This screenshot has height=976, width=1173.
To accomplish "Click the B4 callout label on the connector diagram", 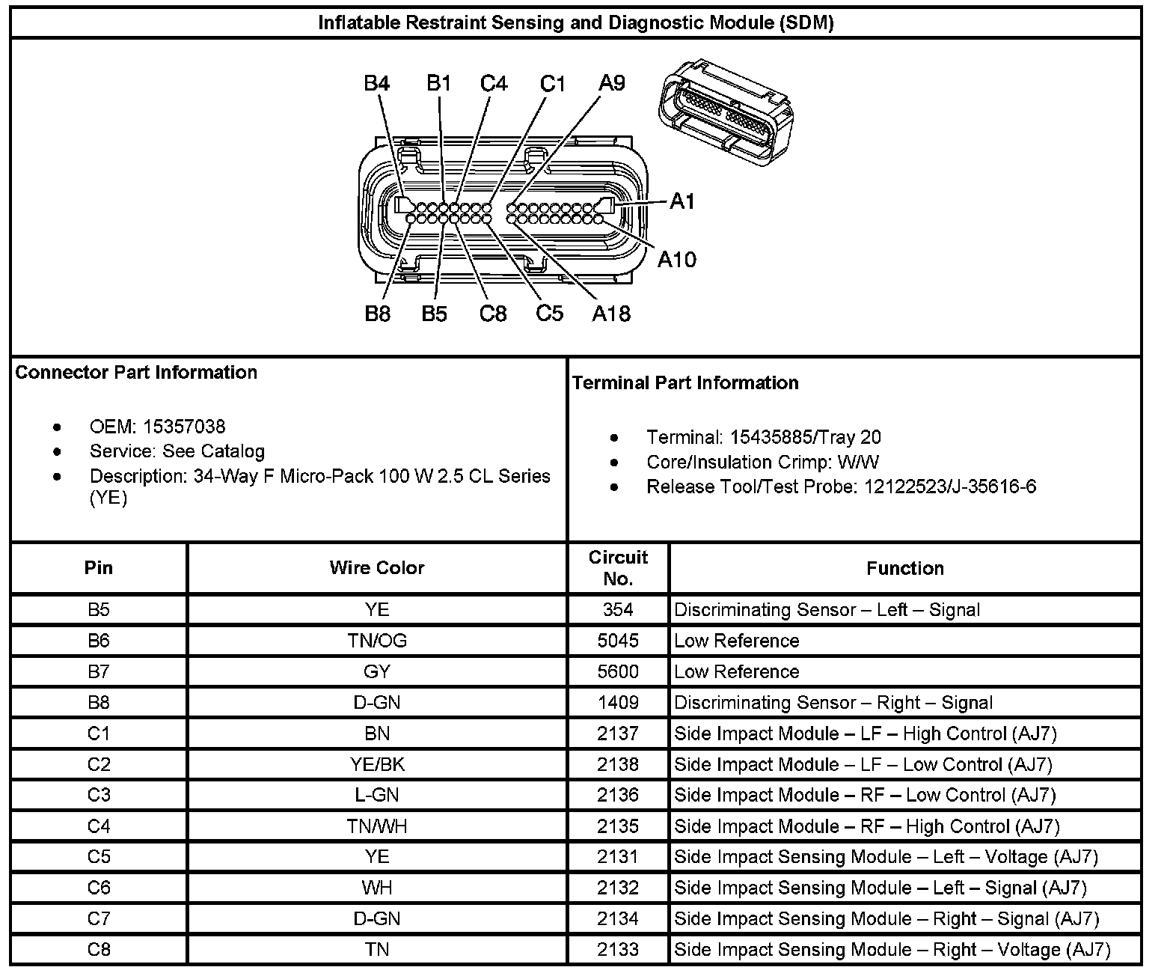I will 376,83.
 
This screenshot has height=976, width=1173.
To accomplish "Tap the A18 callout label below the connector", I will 611,314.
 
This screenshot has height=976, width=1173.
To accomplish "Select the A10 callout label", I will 676,260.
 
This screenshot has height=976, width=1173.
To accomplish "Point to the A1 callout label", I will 682,201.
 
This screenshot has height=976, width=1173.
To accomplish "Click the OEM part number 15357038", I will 184,427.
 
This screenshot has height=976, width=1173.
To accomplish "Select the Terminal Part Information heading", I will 685,383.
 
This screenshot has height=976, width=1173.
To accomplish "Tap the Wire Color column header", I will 376,568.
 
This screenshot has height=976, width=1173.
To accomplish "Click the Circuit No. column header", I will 618,568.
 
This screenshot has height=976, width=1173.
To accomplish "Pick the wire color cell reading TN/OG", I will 376,641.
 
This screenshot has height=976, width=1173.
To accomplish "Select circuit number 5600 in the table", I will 618,671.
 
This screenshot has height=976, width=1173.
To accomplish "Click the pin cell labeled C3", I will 98,795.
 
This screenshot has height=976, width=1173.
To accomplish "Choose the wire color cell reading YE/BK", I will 376,764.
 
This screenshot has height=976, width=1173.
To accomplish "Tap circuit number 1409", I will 618,702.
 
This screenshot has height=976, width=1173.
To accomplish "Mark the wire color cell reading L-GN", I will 376,795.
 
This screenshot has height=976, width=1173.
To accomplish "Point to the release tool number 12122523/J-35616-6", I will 950,487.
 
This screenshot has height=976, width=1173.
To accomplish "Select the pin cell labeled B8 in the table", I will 98,702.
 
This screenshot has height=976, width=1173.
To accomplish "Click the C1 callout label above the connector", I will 553,84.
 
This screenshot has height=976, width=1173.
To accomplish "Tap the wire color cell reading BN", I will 376,733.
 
